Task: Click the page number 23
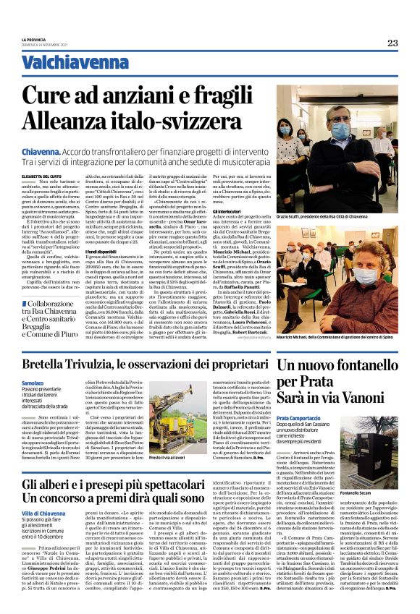[392, 43]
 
